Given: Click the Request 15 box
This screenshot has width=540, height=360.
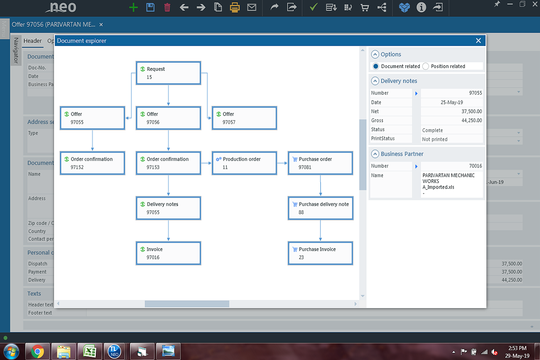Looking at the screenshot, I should pyautogui.click(x=168, y=73).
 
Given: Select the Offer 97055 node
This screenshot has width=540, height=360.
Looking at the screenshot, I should pyautogui.click(x=92, y=118).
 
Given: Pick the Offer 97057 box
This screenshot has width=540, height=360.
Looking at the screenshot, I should pyautogui.click(x=244, y=118).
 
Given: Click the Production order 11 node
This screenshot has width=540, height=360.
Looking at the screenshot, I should pyautogui.click(x=244, y=163).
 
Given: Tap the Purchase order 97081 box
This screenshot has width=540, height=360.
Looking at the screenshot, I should pyautogui.click(x=320, y=163).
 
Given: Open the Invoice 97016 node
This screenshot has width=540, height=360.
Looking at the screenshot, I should pyautogui.click(x=168, y=253).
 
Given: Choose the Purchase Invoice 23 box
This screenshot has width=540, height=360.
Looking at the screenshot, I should pyautogui.click(x=320, y=253).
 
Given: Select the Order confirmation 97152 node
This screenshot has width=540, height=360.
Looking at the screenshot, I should pyautogui.click(x=92, y=163).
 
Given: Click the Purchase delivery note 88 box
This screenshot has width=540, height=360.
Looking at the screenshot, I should pyautogui.click(x=320, y=208).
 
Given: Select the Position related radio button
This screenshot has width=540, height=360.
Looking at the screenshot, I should pyautogui.click(x=426, y=66).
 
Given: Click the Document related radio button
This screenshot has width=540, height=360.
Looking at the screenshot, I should pyautogui.click(x=376, y=66).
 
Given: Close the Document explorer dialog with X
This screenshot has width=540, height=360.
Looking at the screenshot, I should pyautogui.click(x=478, y=40).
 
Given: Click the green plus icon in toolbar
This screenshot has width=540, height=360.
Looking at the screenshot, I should pyautogui.click(x=133, y=7).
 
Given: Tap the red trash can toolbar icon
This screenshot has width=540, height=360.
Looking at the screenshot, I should pyautogui.click(x=167, y=7).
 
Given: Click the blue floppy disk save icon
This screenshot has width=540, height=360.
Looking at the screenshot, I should pyautogui.click(x=150, y=7).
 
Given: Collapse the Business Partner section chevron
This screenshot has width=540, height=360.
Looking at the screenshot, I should pyautogui.click(x=375, y=154).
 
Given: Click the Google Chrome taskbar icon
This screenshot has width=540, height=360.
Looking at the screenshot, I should pyautogui.click(x=37, y=351).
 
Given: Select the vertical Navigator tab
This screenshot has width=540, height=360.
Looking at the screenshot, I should pyautogui.click(x=16, y=50).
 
